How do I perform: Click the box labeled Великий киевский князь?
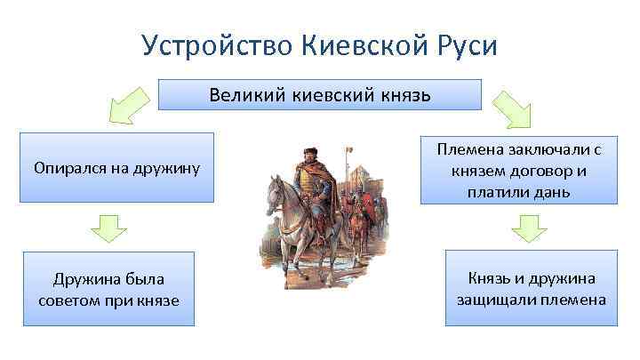pos(320,94)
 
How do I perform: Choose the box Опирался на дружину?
pos(116,167)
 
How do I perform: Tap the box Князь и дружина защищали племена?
pos(532,289)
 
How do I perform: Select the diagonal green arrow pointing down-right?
pos(513,108)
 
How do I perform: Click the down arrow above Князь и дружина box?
pos(532,230)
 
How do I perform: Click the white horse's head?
pos(277,188)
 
